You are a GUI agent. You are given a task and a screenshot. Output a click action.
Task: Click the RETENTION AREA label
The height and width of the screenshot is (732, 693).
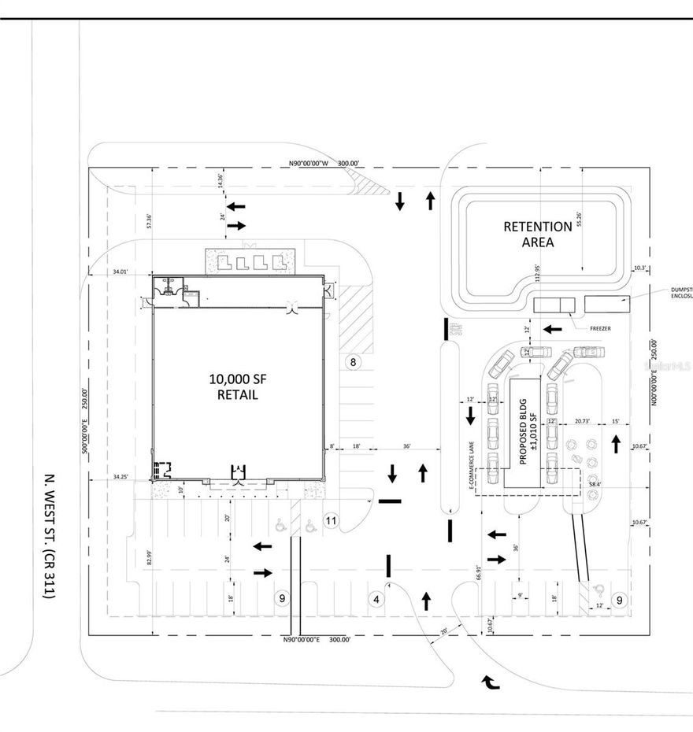[x=538, y=234]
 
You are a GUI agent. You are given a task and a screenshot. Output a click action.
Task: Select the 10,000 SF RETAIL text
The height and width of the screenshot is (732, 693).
[x=233, y=386]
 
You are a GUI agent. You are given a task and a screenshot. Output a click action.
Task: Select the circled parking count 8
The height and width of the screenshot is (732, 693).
[x=353, y=362]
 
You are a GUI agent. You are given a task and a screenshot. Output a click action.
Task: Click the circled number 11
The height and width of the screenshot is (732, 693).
[x=331, y=520]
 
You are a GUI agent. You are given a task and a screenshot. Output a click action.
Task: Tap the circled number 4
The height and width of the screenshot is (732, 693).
[x=376, y=599]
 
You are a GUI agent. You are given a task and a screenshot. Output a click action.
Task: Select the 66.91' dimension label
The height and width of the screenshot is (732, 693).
[x=477, y=572]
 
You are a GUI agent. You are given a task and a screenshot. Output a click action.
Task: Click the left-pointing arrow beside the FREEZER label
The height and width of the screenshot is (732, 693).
[x=553, y=327]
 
